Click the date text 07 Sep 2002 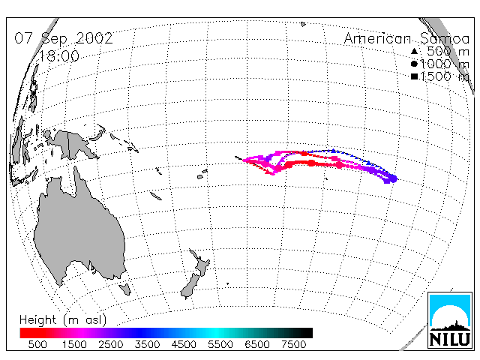pos(64,38)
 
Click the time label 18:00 pos(59,56)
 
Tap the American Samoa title pos(406,38)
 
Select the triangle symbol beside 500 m pos(414,51)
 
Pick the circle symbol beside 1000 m pos(414,64)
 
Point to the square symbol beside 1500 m pos(414,76)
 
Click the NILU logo pos(450,320)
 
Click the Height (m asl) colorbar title pos(63,320)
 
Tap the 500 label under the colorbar pos(37,344)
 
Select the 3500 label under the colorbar pos(147,344)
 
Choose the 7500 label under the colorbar pos(294,344)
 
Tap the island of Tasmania pos(125,289)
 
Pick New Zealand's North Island pos(200,263)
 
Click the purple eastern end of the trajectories pos(391,178)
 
